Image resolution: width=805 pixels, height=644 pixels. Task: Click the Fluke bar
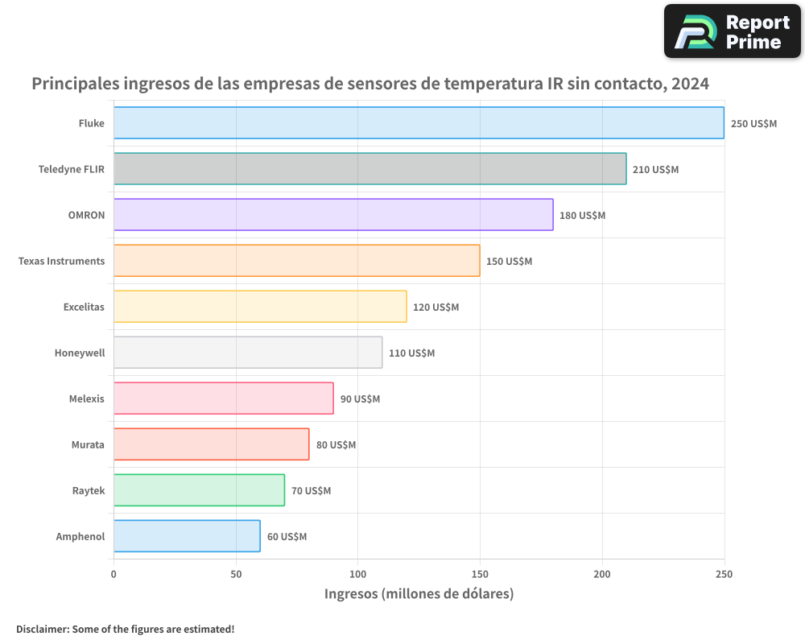(x=419, y=122)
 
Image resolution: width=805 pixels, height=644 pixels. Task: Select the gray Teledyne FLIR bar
(x=369, y=168)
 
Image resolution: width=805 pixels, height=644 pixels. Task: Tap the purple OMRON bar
(x=333, y=214)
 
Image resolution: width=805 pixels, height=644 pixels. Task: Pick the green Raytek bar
(x=199, y=490)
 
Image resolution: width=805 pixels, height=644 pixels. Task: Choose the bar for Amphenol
(x=187, y=536)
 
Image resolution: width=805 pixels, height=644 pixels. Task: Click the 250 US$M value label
(x=753, y=123)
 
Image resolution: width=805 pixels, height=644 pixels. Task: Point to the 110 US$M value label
(x=411, y=353)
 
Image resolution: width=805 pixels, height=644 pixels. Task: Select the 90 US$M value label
(x=360, y=398)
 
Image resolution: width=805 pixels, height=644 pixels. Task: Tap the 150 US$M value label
(x=509, y=261)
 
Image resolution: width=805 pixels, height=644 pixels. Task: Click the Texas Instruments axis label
(x=61, y=261)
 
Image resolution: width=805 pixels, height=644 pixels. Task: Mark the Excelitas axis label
(x=84, y=307)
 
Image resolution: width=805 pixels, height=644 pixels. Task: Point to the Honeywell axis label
(x=80, y=353)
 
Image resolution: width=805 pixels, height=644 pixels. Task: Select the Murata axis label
(x=88, y=444)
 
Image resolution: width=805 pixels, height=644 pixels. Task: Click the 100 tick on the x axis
(x=357, y=574)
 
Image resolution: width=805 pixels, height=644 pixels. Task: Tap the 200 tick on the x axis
(x=602, y=574)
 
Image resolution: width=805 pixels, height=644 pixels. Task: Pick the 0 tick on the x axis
(x=114, y=574)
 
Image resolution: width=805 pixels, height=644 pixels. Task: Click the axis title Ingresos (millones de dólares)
(x=419, y=594)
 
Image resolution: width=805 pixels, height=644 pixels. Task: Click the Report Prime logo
(x=732, y=31)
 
